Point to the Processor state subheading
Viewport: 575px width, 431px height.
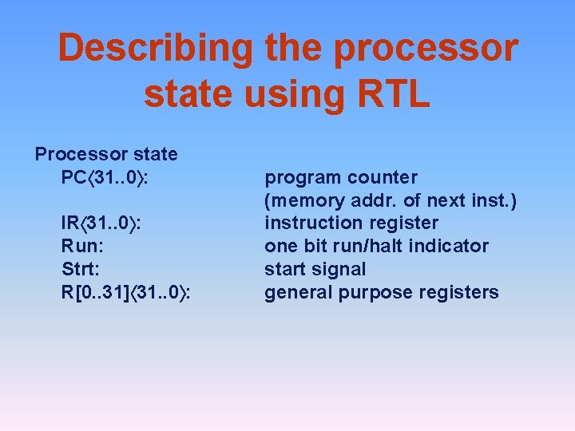click(106, 153)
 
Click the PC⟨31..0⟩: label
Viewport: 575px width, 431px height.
click(106, 176)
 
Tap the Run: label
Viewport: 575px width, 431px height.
click(81, 246)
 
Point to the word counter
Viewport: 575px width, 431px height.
click(381, 176)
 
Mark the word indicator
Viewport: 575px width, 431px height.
click(450, 246)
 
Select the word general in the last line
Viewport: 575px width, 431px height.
click(299, 292)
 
